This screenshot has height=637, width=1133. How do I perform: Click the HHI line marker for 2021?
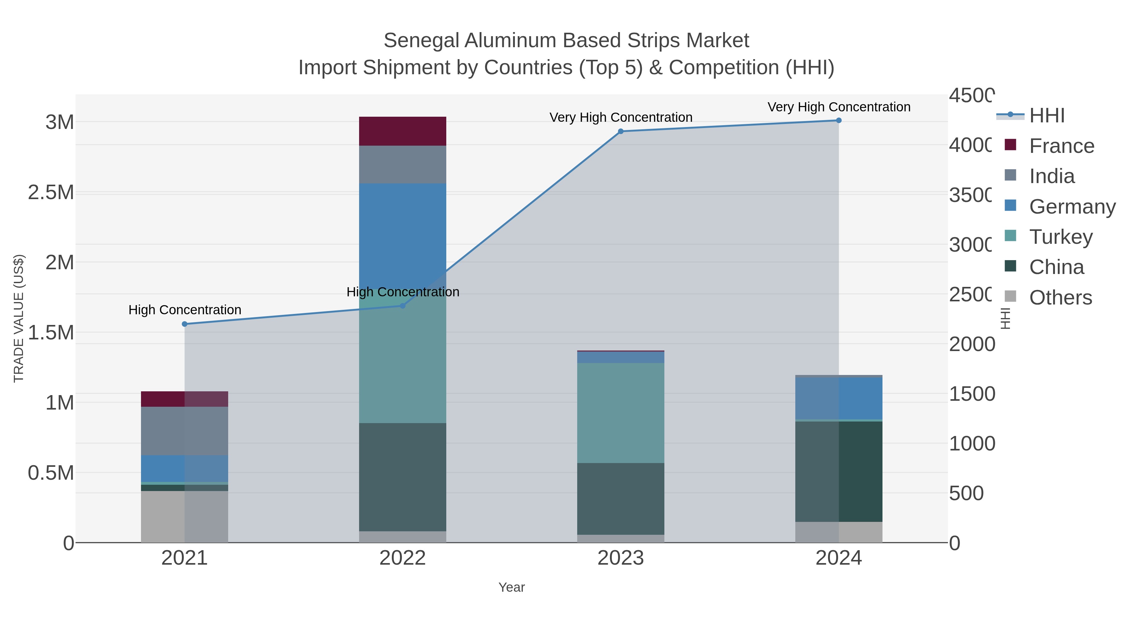point(185,324)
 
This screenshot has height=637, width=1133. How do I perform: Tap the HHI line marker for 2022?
point(403,305)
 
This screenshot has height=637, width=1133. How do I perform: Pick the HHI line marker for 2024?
point(839,120)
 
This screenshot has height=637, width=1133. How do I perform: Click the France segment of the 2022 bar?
point(403,131)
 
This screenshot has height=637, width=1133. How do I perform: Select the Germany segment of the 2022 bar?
point(403,229)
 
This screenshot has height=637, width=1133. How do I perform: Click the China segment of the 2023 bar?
point(621,499)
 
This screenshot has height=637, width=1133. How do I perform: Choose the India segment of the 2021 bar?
point(185,431)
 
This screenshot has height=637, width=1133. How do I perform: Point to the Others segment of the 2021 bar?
point(185,517)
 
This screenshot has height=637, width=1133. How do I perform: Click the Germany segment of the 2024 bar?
point(839,398)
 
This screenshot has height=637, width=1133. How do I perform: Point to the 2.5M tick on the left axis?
point(51,193)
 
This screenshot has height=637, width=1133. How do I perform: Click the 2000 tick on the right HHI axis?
point(971,344)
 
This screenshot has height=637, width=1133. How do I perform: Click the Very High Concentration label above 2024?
point(839,107)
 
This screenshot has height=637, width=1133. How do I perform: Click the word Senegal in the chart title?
point(421,41)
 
